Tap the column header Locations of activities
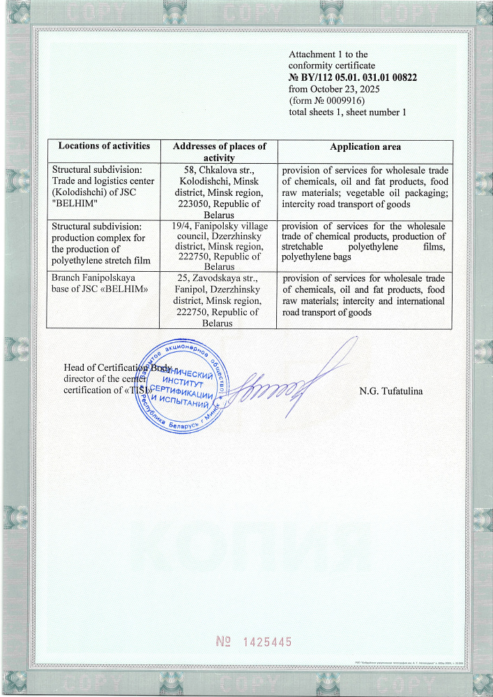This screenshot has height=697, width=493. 104,146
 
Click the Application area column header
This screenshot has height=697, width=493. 365,147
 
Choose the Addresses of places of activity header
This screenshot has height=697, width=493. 219,152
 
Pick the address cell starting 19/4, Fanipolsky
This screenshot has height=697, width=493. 219,246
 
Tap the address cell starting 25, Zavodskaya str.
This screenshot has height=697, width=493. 219,300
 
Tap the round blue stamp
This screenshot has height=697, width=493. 185,388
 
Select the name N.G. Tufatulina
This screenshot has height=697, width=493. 390,390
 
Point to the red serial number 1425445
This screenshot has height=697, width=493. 252,642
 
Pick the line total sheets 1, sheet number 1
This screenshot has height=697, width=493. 347,112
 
